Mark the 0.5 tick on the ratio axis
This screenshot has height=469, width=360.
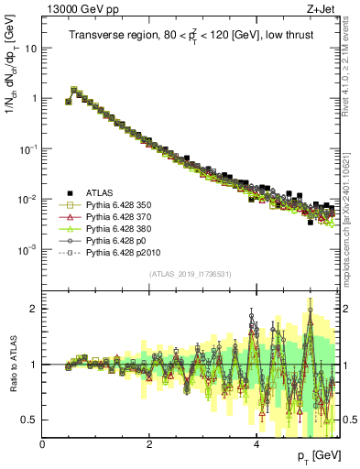point(31,420)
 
